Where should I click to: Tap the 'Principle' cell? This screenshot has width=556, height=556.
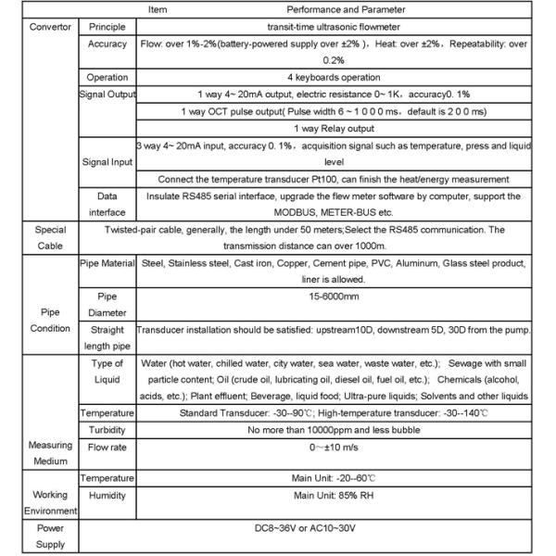coord(107,26)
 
